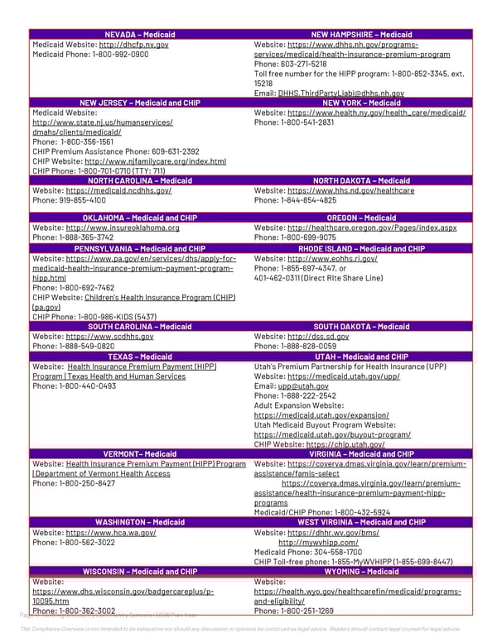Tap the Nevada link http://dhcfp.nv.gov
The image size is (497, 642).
point(133,44)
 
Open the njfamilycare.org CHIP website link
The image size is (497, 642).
point(155,161)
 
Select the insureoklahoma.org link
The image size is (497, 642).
point(123,228)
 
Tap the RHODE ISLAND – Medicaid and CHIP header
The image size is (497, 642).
point(360,248)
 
